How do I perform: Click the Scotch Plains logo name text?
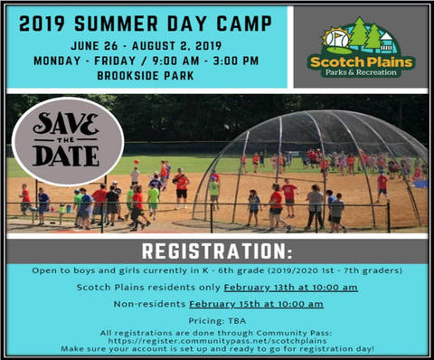coord(360,62)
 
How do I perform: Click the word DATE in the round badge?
coord(66,156)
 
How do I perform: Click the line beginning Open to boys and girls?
coord(216,270)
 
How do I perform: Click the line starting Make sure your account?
coord(216,349)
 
